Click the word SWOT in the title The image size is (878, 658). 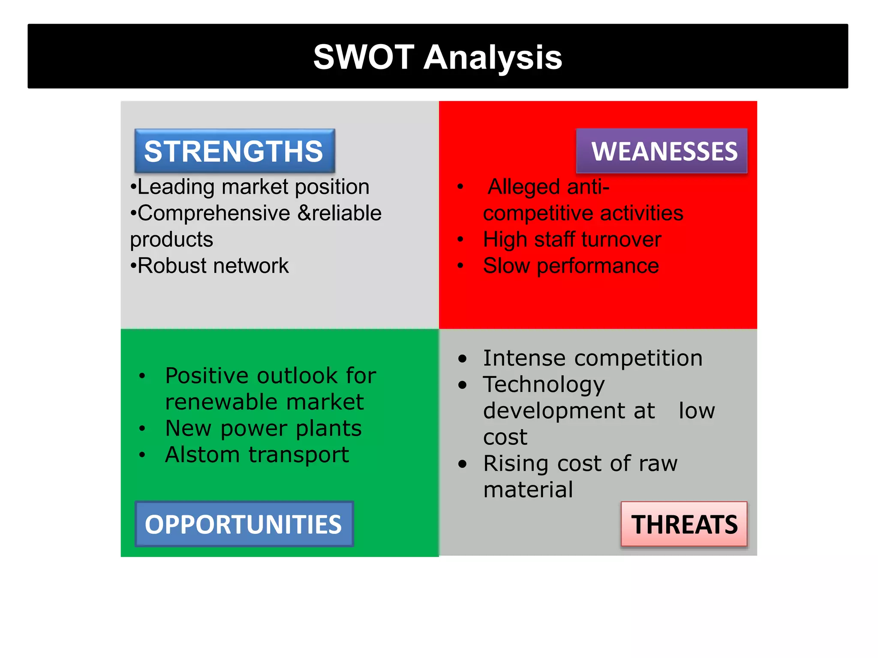pyautogui.click(x=364, y=57)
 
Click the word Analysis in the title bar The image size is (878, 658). pyautogui.click(x=493, y=58)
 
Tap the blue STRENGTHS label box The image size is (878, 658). pyautogui.click(x=235, y=151)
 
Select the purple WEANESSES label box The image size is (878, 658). pyautogui.click(x=662, y=151)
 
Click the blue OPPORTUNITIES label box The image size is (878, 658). pyautogui.click(x=244, y=524)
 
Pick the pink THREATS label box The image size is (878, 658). pyautogui.click(x=684, y=524)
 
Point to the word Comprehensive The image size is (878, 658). pyautogui.click(x=214, y=213)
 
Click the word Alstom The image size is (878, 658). pyautogui.click(x=202, y=455)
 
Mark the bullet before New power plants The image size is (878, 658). pyautogui.click(x=142, y=428)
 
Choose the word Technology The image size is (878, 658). pyautogui.click(x=544, y=385)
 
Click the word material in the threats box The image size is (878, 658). pyautogui.click(x=528, y=490)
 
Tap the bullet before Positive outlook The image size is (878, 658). pyautogui.click(x=142, y=376)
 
